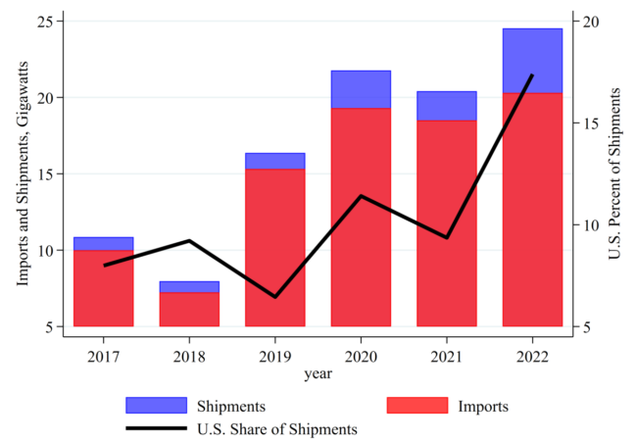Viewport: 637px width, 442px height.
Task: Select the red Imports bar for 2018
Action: coord(189,309)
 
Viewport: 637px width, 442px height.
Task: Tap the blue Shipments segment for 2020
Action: coord(361,89)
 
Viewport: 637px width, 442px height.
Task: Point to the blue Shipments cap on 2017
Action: coord(103,243)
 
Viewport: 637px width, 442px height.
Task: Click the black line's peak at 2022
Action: coord(532,75)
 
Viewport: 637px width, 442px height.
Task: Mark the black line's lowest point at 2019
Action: coord(274,296)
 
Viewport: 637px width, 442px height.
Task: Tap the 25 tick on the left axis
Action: coord(48,21)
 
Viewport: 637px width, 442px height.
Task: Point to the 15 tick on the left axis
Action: coord(48,173)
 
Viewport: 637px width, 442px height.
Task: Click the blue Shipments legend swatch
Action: coord(156,405)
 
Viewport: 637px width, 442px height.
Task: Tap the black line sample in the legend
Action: coord(156,428)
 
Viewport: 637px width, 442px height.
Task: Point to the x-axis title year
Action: coord(318,373)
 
